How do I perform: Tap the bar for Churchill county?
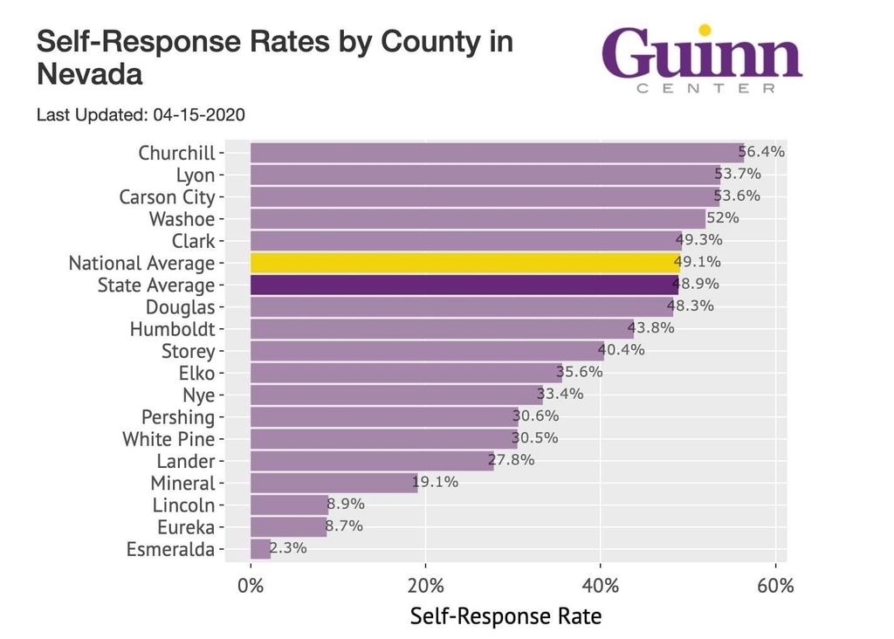click(x=497, y=153)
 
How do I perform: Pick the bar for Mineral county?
click(x=334, y=483)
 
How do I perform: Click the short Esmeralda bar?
click(x=260, y=549)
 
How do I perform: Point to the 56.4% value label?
click(x=761, y=152)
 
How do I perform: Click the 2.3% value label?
click(x=288, y=548)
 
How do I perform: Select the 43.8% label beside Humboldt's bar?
click(x=650, y=328)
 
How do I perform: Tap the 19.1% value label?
click(x=435, y=482)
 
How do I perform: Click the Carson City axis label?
click(x=167, y=197)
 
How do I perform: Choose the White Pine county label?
click(x=168, y=439)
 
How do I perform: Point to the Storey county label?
click(x=188, y=351)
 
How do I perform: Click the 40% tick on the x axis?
click(x=600, y=585)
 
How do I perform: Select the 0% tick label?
click(x=251, y=585)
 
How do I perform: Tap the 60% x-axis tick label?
click(x=775, y=585)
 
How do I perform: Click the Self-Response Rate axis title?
click(x=505, y=616)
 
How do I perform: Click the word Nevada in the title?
click(x=89, y=75)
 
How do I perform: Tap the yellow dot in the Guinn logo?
click(x=705, y=31)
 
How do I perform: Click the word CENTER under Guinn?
click(x=705, y=88)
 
